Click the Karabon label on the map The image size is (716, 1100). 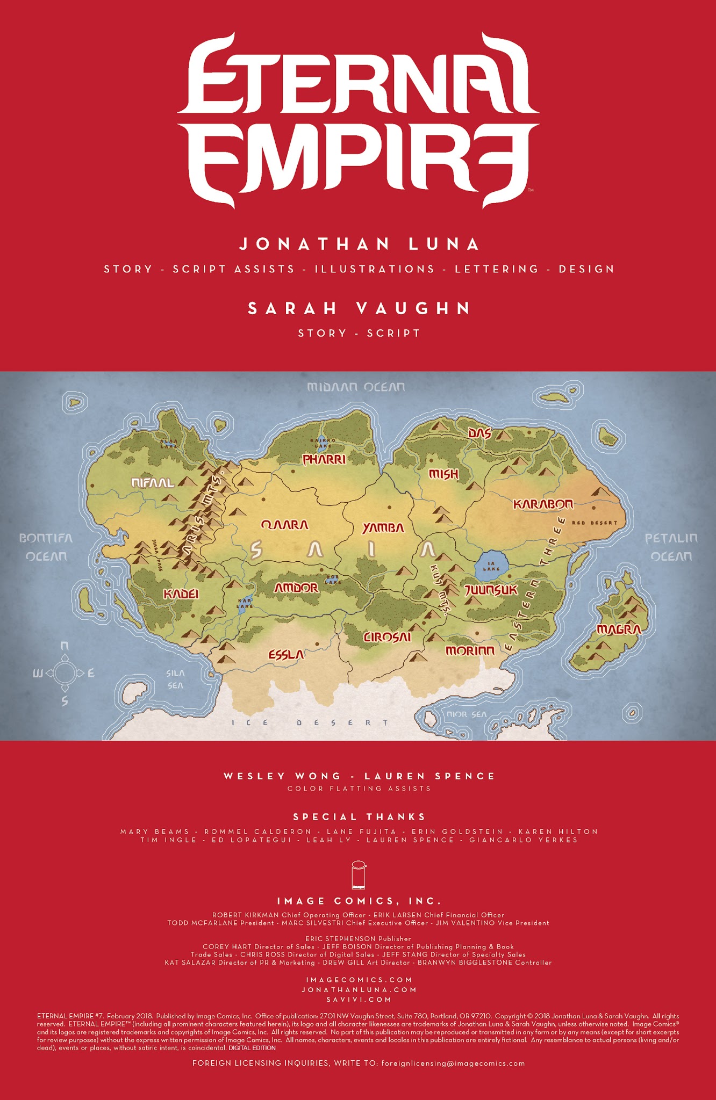pyautogui.click(x=543, y=504)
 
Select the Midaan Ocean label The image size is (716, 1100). pyautogui.click(x=356, y=387)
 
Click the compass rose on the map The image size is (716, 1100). pyautogui.click(x=65, y=672)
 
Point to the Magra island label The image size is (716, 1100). pyautogui.click(x=619, y=629)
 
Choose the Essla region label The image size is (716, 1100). pyautogui.click(x=287, y=655)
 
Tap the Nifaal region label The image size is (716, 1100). pyautogui.click(x=153, y=483)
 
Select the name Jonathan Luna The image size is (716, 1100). pyautogui.click(x=359, y=244)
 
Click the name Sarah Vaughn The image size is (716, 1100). pyautogui.click(x=359, y=308)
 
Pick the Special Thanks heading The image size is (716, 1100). pyautogui.click(x=359, y=817)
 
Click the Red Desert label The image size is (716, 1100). pyautogui.click(x=595, y=523)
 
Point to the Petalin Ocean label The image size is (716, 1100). pyautogui.click(x=671, y=547)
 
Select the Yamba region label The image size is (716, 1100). pyautogui.click(x=383, y=528)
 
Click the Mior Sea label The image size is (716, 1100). pyautogui.click(x=466, y=714)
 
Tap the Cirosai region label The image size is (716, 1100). pyautogui.click(x=388, y=637)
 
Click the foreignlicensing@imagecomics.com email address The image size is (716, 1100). pyautogui.click(x=453, y=1063)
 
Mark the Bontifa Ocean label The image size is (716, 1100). pyautogui.click(x=46, y=547)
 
